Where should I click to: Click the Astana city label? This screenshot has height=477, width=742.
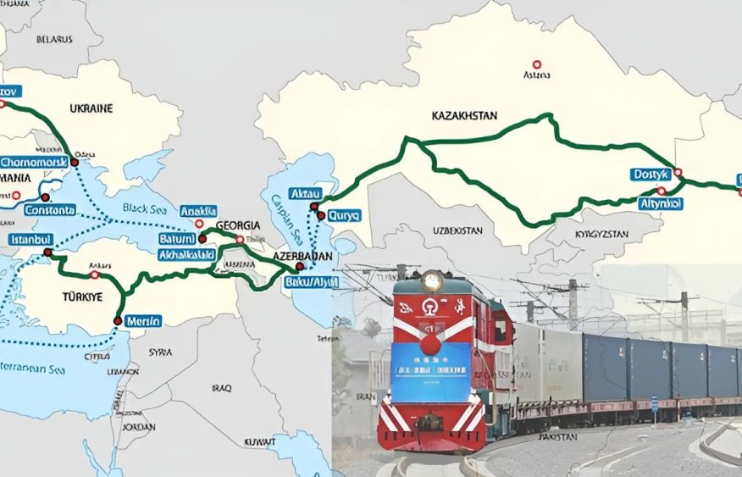pos(536,75)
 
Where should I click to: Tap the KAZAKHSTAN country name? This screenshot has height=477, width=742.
pos(464,115)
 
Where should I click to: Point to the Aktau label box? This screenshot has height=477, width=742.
pos(306,194)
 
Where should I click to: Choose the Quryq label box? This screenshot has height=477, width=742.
pos(343,215)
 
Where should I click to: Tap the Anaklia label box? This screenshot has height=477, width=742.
pos(198,211)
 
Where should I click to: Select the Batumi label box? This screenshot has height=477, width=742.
pos(176,240)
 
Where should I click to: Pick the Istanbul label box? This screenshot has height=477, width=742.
pos(31,240)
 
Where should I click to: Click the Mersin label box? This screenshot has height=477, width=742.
pos(142,320)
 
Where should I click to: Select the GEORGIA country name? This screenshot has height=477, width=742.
pos(237,225)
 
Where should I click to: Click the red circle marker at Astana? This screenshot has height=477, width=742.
pos(536,64)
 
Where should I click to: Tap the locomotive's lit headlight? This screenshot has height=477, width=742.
pos(433,280)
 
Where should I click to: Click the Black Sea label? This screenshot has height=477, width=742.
pos(139,208)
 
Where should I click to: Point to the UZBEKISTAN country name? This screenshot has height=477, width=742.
pos(457,230)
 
